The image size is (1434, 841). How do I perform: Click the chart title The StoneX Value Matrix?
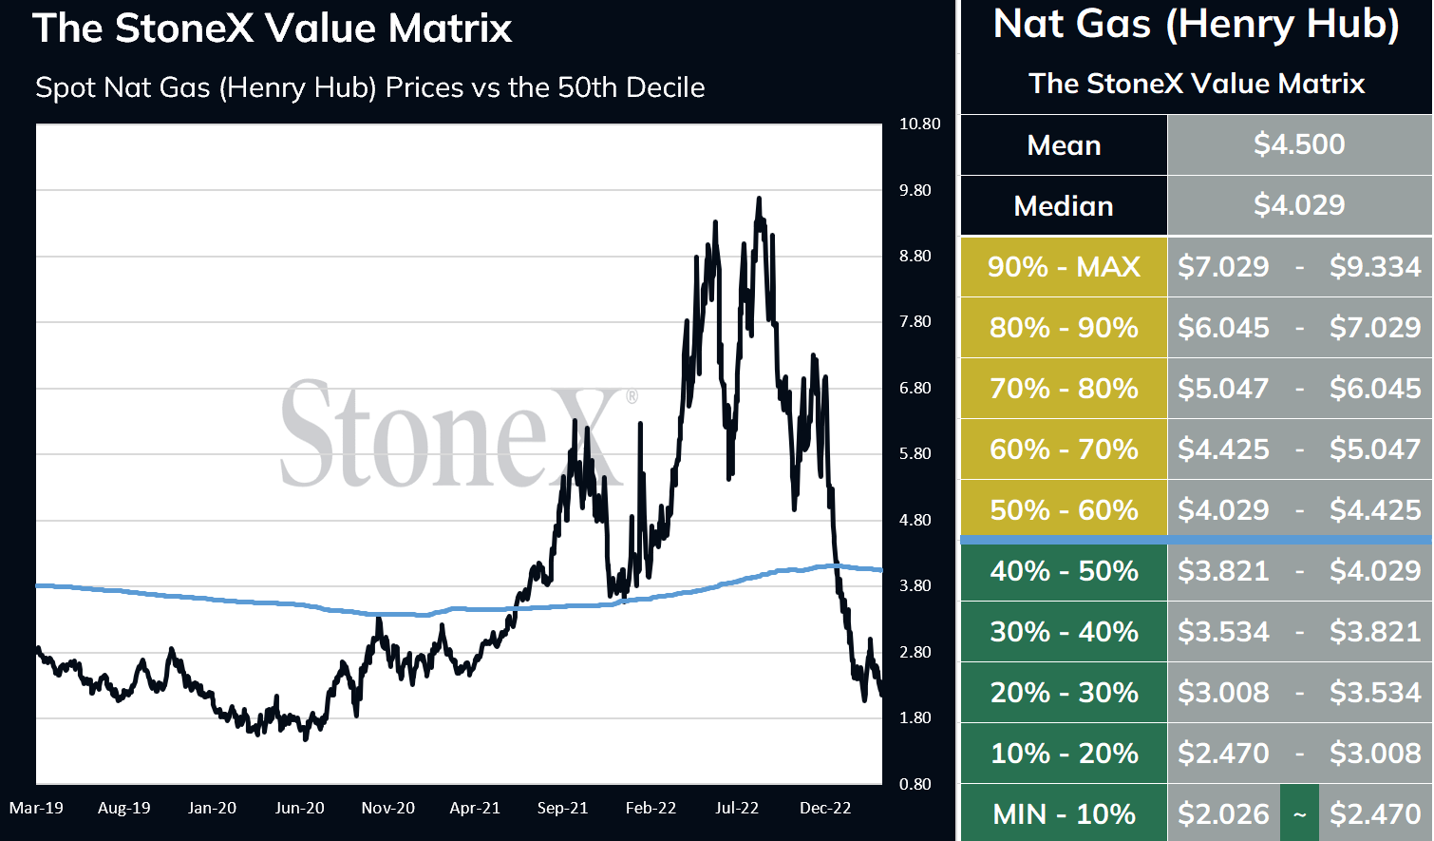click(x=273, y=29)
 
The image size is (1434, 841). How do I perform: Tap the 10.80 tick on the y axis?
click(x=919, y=124)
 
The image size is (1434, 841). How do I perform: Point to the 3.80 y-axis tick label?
click(x=915, y=585)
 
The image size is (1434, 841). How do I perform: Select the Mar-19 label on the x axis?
click(x=36, y=808)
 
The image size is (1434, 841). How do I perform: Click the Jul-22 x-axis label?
click(x=737, y=808)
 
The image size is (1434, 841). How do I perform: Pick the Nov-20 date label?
click(x=387, y=808)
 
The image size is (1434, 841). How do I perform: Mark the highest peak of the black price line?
click(x=758, y=199)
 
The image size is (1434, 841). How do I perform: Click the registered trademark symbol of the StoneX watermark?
click(x=632, y=396)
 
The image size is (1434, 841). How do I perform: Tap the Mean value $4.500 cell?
click(x=1299, y=144)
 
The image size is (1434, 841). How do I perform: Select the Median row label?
click(x=1064, y=206)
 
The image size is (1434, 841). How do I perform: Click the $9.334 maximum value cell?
click(x=1375, y=267)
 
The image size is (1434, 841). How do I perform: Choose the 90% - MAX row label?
click(x=1064, y=267)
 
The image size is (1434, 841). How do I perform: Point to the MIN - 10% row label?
click(x=1064, y=814)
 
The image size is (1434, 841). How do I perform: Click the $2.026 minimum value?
click(x=1223, y=814)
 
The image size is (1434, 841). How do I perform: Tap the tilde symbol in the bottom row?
click(x=1299, y=814)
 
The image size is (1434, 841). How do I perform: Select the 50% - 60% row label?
click(x=1064, y=510)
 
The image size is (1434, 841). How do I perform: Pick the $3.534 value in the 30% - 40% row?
click(x=1223, y=632)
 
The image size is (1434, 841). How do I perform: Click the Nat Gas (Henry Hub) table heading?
click(x=1197, y=25)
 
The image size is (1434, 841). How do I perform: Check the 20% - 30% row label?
click(x=1064, y=693)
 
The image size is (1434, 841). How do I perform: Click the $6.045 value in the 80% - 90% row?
click(x=1223, y=328)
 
